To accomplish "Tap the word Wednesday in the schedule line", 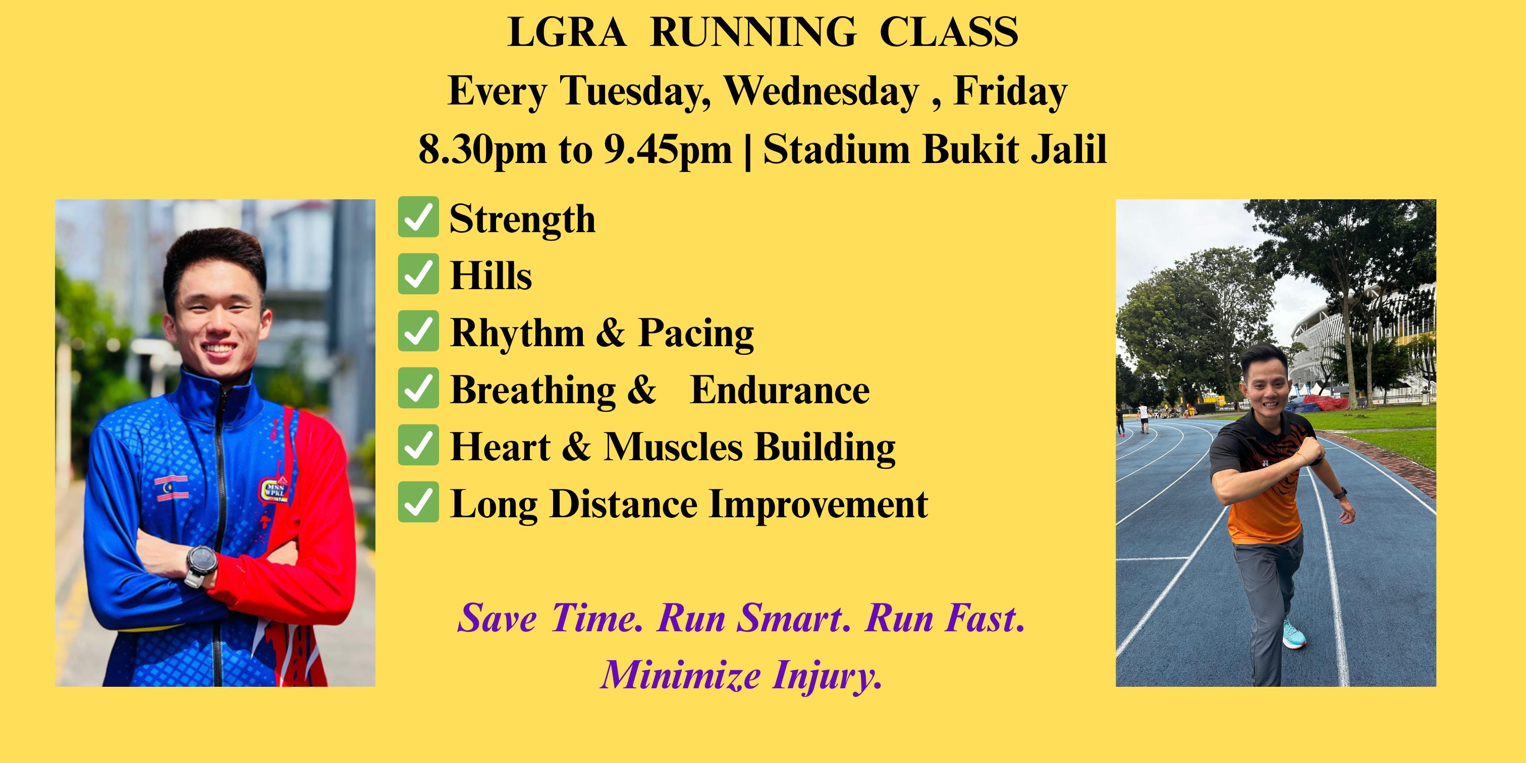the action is tap(822, 92).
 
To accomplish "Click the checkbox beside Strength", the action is tap(418, 217).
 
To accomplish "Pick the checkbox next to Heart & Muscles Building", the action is tap(418, 445).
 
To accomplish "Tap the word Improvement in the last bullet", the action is tap(818, 505).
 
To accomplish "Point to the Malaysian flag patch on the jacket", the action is tap(172, 488).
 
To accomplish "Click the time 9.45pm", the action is tap(668, 150).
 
